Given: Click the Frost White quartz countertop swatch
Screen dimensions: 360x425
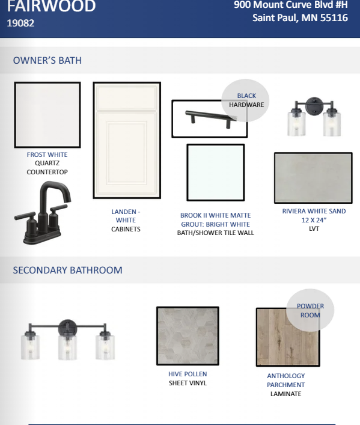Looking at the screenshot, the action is (47, 115).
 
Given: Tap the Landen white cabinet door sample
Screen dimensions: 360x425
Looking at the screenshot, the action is (127, 140).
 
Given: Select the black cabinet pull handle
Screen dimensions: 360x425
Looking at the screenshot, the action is (211, 118).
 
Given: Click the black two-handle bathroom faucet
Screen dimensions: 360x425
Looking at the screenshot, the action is (42, 213).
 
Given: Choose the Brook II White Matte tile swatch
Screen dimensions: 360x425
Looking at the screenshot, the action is (216, 173).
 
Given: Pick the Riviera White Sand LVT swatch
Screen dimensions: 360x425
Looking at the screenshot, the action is (313, 178).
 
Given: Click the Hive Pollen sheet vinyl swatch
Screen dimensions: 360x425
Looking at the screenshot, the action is (188, 336).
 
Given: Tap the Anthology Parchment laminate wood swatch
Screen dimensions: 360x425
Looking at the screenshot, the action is (288, 337).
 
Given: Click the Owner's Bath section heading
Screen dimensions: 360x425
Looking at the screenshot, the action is (47, 61).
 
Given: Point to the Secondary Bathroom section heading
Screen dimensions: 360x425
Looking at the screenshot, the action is (68, 271).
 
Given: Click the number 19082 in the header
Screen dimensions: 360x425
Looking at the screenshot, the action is (20, 23).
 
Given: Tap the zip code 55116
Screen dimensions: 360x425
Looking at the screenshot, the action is (334, 18).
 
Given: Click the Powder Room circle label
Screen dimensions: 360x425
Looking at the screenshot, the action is (310, 310).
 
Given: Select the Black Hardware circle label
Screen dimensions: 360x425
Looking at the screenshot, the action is (246, 100).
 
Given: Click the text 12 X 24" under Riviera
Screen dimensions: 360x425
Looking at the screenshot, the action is (314, 220).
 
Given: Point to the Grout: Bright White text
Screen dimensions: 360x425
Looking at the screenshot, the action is (216, 224).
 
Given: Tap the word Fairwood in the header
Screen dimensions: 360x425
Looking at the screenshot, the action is (51, 6).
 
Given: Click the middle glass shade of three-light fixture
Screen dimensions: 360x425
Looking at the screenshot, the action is (67, 347).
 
